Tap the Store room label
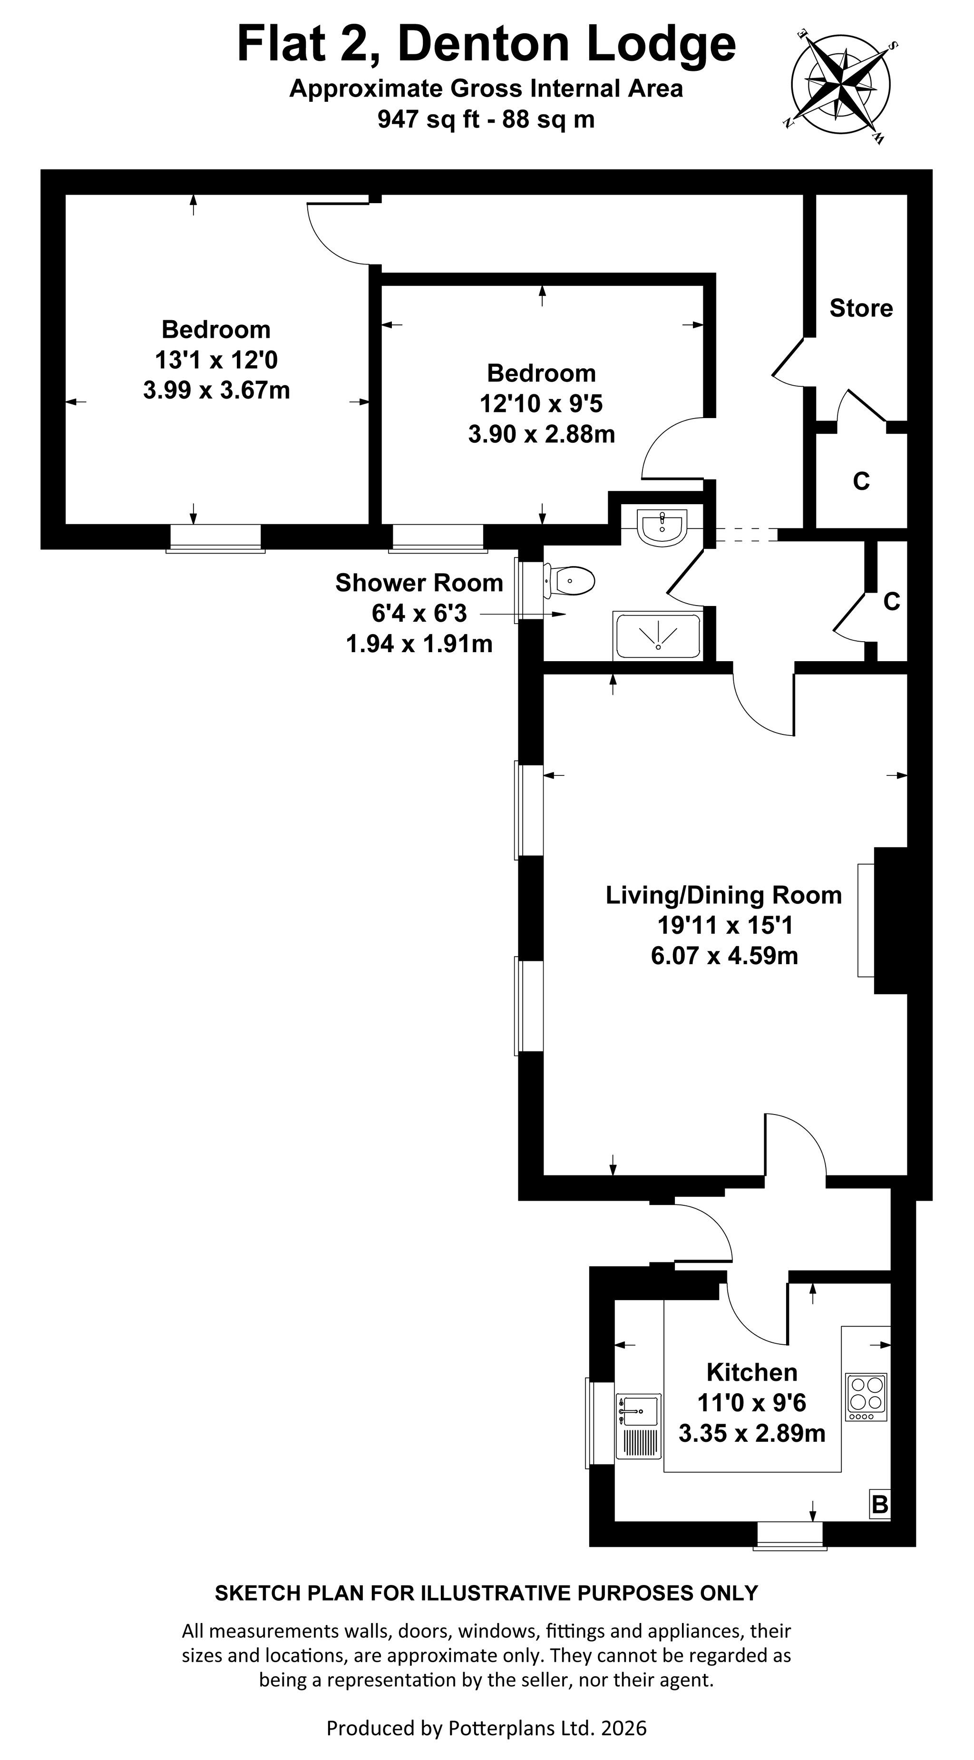tap(861, 308)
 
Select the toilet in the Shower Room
tap(570, 581)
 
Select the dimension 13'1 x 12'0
tap(216, 360)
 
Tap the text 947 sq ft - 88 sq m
tap(487, 119)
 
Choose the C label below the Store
tap(861, 482)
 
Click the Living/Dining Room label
tap(724, 895)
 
